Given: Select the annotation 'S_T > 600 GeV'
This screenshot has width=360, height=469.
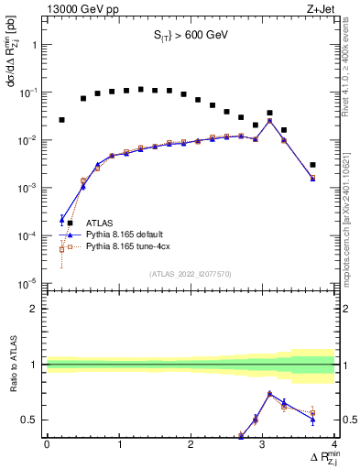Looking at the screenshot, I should pyautogui.click(x=190, y=38).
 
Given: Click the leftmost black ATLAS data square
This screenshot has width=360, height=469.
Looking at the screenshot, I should pyautogui.click(x=61, y=120).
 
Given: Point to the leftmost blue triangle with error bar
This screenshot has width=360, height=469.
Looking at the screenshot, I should pyautogui.click(x=61, y=219).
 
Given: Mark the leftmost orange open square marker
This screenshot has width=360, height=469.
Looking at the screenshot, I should pyautogui.click(x=61, y=248).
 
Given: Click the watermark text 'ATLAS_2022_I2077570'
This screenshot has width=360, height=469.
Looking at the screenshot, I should pyautogui.click(x=190, y=273).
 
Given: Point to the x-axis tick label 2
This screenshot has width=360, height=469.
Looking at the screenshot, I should pyautogui.click(x=191, y=444).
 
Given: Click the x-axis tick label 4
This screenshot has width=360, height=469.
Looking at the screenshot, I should pyautogui.click(x=334, y=444).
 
